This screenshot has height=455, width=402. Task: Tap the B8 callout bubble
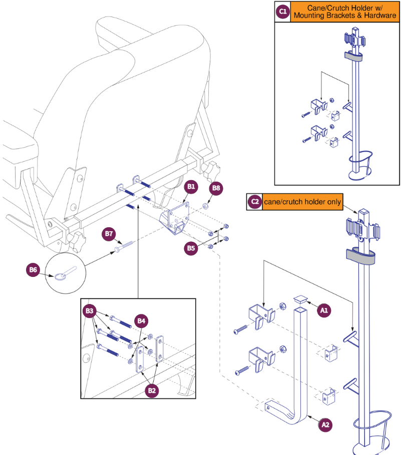[x=216, y=189]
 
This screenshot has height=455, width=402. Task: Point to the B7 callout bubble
[x=110, y=234]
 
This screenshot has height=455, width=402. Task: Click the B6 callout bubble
[x=33, y=270]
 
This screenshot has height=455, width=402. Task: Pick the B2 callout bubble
[x=153, y=389]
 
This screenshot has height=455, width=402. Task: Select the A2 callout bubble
[x=326, y=424]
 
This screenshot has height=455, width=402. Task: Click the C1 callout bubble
[x=283, y=12]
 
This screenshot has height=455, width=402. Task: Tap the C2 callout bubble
[x=255, y=202]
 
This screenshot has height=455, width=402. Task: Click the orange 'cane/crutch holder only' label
[x=303, y=202]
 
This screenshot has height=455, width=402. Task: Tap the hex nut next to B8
[x=206, y=206]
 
